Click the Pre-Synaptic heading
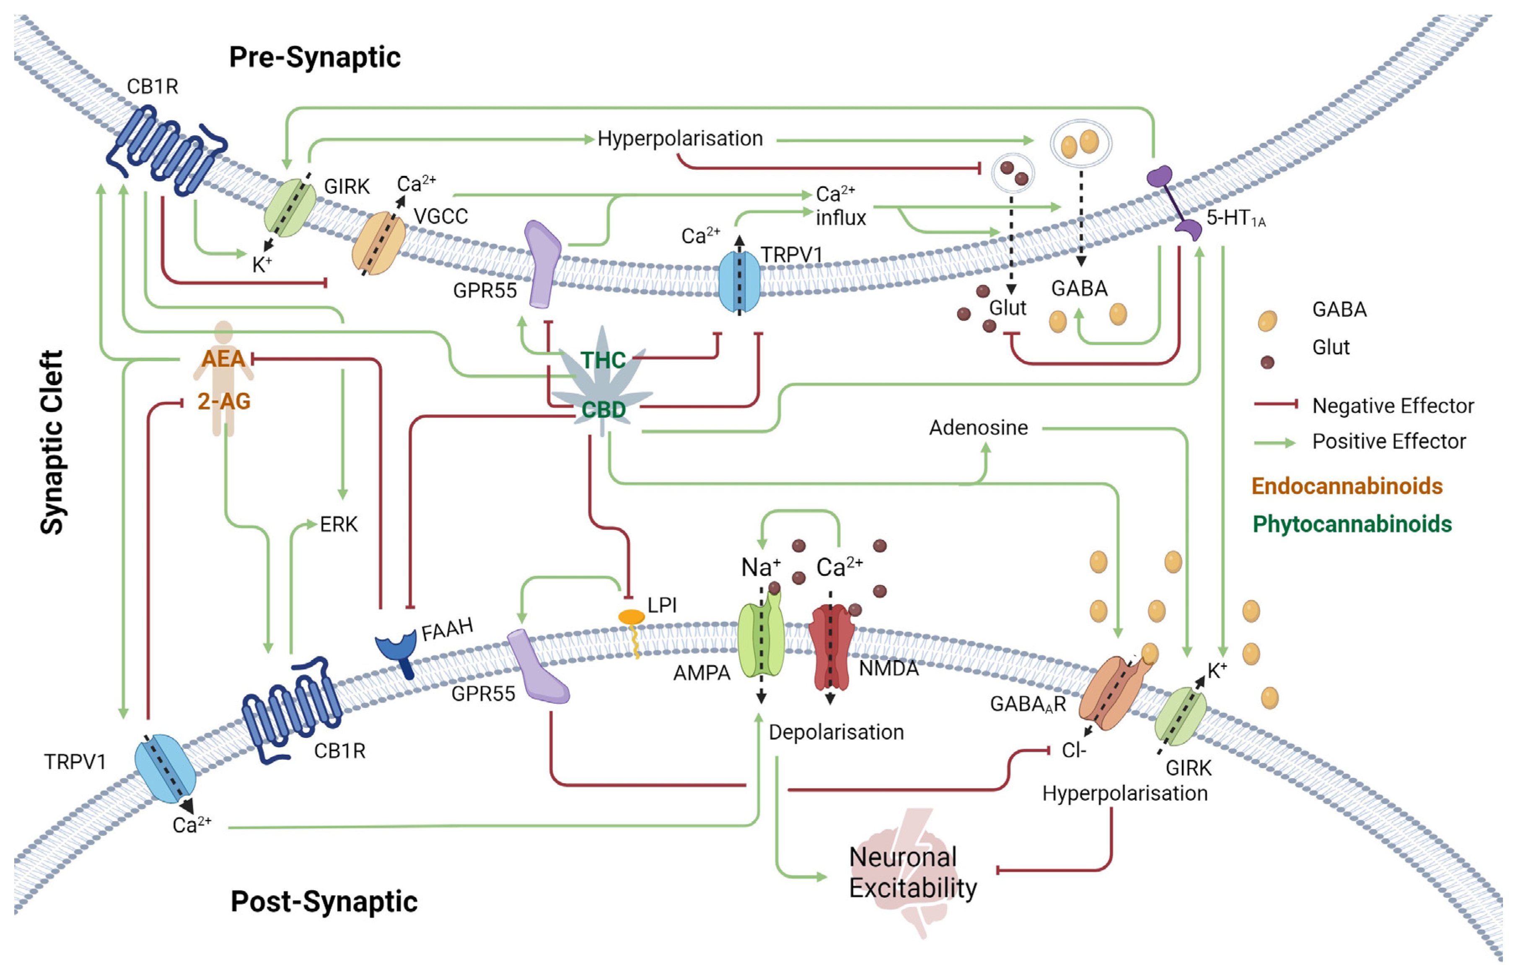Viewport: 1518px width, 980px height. coord(315,57)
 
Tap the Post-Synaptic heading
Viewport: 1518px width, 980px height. coord(324,902)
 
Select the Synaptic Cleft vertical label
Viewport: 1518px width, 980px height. coord(52,442)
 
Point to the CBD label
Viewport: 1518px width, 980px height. coord(603,410)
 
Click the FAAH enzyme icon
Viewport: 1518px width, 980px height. coord(397,650)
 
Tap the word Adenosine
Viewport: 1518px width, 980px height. coord(978,428)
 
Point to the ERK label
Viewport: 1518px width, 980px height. coord(338,524)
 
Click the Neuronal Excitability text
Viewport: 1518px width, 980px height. coord(912,872)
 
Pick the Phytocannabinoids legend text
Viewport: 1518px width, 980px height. coord(1352,524)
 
